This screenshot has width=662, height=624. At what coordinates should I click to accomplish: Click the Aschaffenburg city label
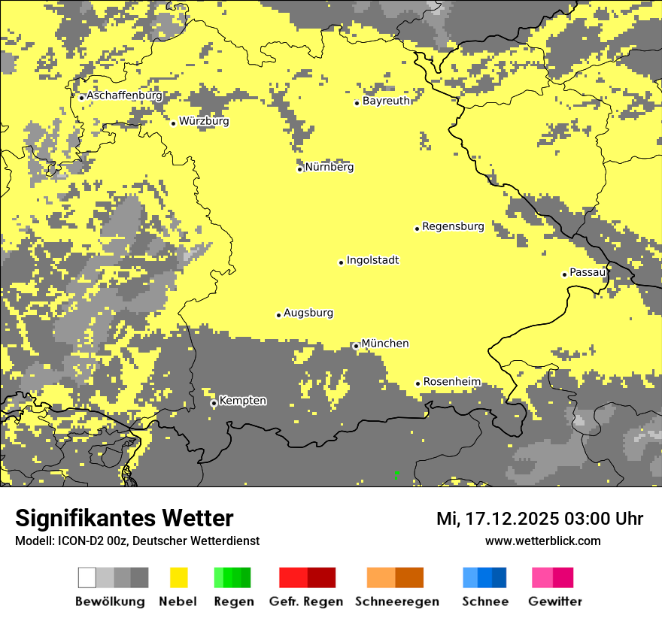(124, 96)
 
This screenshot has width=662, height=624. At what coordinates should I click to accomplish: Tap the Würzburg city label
(204, 121)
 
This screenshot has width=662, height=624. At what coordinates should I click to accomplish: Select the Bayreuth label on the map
(386, 101)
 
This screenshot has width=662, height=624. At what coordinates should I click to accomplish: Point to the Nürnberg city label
(329, 167)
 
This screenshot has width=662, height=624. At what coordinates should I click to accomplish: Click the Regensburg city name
(453, 226)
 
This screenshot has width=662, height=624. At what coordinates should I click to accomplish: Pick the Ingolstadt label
(372, 261)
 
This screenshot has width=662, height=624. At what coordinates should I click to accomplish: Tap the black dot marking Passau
(564, 274)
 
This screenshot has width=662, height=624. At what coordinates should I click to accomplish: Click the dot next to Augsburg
(278, 315)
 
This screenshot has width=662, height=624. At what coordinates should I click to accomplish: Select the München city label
(385, 344)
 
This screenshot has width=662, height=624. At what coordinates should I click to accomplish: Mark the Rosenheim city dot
(418, 383)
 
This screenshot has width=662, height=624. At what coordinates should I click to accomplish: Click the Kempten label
(242, 401)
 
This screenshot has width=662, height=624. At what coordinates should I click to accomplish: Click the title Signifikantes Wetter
(124, 518)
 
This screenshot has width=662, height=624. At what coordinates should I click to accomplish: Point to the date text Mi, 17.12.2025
(495, 519)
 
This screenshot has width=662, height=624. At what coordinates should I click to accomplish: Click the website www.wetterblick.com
(542, 541)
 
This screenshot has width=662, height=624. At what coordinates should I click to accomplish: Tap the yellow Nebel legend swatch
(178, 577)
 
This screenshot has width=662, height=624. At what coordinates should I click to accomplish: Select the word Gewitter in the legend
(555, 601)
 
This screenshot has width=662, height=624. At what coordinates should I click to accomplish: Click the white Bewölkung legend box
(87, 577)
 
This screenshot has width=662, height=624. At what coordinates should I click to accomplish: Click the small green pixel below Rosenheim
(397, 474)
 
